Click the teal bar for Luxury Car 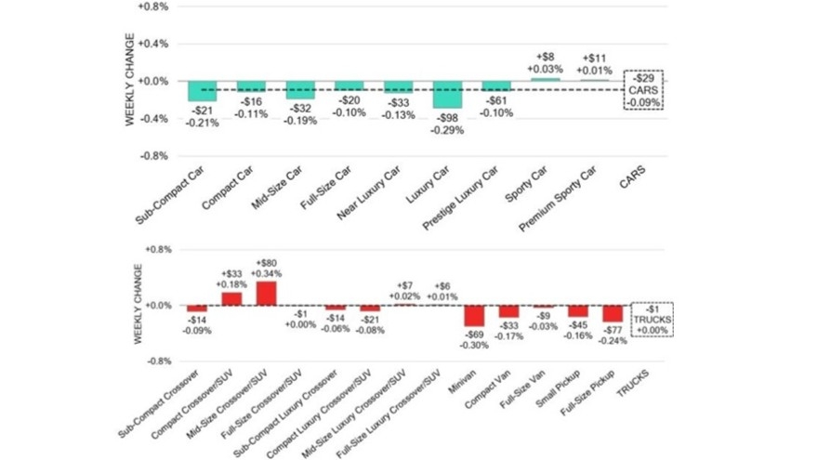coord(448,95)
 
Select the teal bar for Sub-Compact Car coord(202,91)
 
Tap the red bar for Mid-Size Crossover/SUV coord(266,293)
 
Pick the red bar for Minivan coord(475,315)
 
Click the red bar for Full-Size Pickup coord(613,313)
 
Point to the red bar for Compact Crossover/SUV coord(231,298)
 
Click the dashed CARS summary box coord(644,89)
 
